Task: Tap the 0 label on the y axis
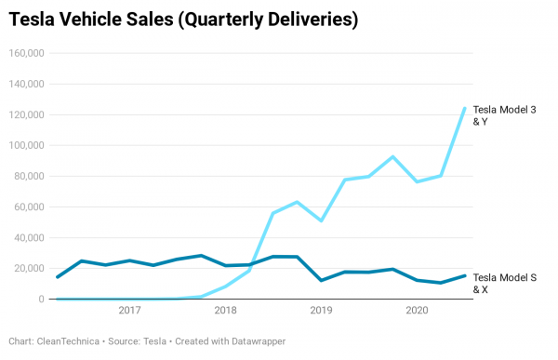[x=41, y=299]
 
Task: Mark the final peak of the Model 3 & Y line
[x=464, y=108]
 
